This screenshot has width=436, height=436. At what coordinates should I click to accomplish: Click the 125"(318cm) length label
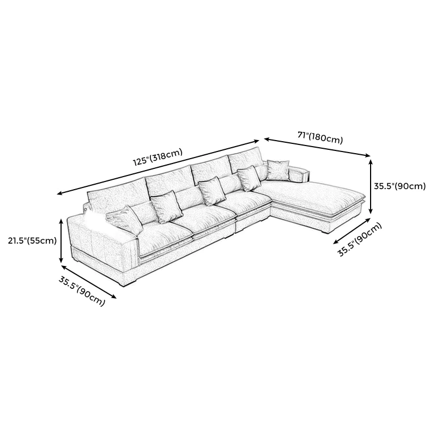click(158, 157)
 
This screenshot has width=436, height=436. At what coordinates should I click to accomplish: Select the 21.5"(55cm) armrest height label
click(32, 240)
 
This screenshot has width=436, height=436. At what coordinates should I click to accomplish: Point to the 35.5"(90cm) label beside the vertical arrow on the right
click(399, 186)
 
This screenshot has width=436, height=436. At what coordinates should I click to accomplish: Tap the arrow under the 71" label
click(317, 147)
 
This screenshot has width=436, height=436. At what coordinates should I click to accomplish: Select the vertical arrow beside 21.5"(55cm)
click(61, 241)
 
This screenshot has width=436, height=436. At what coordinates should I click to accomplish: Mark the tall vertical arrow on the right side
click(371, 186)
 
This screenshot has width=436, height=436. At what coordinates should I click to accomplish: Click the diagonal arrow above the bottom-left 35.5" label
click(88, 282)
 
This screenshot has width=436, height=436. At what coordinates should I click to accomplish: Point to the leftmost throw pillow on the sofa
click(125, 220)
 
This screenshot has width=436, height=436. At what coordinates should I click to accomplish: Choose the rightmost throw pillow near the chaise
click(278, 170)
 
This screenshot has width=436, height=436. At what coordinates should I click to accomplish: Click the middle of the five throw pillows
click(211, 191)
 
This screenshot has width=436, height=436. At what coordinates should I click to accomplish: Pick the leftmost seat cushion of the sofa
click(164, 234)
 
